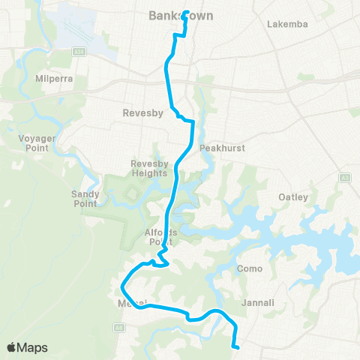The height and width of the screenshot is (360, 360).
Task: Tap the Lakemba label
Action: click(x=287, y=24)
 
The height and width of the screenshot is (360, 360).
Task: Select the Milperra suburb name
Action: click(x=52, y=78)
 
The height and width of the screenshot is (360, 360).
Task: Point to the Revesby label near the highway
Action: click(x=139, y=114)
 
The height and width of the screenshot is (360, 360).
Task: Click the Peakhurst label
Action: click(x=222, y=148)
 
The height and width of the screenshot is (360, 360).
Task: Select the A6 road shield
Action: click(x=118, y=327)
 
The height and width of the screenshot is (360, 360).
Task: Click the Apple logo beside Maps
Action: click(x=12, y=347)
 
